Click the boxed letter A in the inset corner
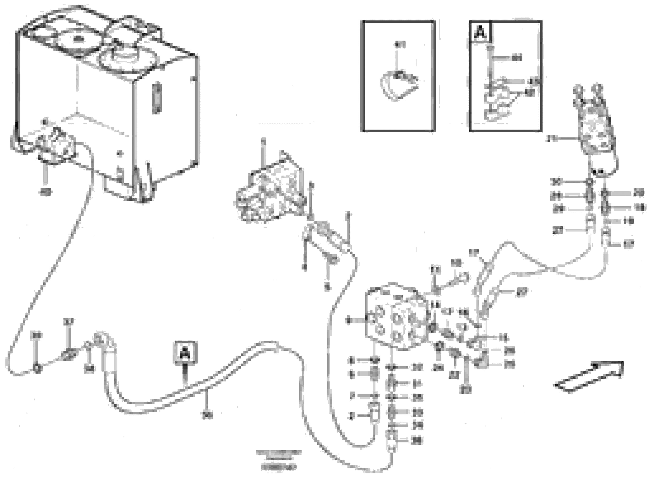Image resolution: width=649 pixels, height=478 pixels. (x=480, y=33)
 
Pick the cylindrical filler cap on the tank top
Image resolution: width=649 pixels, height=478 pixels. (x=127, y=55)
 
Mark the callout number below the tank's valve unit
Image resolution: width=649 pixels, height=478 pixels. (x=45, y=192)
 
